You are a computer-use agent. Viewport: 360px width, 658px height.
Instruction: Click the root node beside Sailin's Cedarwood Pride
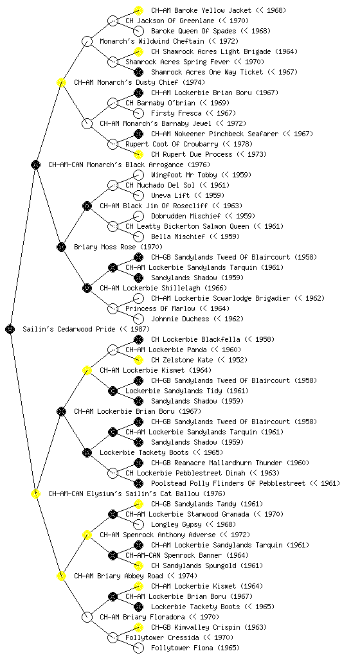pyautogui.click(x=10, y=329)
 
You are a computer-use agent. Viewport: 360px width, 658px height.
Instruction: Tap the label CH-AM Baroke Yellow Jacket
pyautogui.click(x=201, y=10)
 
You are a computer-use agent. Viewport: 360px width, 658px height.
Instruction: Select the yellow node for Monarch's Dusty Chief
pyautogui.click(x=62, y=82)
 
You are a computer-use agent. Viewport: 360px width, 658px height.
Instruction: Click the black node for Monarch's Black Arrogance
pyautogui.click(x=36, y=164)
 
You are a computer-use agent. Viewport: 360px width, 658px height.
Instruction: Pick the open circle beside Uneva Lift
pyautogui.click(x=138, y=195)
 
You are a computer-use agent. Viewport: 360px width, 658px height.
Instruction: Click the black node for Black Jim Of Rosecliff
pyautogui.click(x=87, y=206)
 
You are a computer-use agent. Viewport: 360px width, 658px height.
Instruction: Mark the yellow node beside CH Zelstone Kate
pyautogui.click(x=138, y=360)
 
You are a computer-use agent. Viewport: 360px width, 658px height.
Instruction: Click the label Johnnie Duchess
pyautogui.click(x=180, y=319)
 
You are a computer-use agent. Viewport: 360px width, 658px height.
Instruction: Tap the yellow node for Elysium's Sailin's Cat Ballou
pyautogui.click(x=36, y=493)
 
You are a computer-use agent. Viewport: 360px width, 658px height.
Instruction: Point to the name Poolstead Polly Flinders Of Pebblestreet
pyautogui.click(x=228, y=483)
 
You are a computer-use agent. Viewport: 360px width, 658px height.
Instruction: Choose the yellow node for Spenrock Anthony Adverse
pyautogui.click(x=87, y=535)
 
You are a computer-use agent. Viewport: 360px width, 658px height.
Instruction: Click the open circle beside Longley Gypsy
pyautogui.click(x=138, y=524)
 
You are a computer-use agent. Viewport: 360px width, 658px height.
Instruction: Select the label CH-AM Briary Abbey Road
pyautogui.click(x=118, y=576)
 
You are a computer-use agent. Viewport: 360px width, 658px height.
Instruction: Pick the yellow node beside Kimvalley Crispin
pyautogui.click(x=138, y=627)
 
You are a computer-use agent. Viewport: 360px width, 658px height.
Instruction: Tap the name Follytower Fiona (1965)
pyautogui.click(x=195, y=648)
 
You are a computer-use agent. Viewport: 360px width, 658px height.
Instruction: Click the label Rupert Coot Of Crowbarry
pyautogui.click(x=172, y=144)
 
